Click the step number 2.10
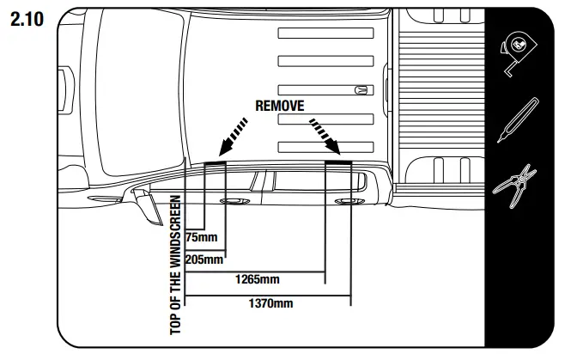(26, 18)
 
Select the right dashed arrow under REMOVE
(323, 135)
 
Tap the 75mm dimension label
(201, 237)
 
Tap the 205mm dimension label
(204, 259)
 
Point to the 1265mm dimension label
(258, 279)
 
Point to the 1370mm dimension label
(270, 302)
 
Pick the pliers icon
(518, 186)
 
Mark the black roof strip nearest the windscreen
(214, 161)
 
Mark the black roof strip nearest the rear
(338, 161)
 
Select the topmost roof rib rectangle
(325, 33)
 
